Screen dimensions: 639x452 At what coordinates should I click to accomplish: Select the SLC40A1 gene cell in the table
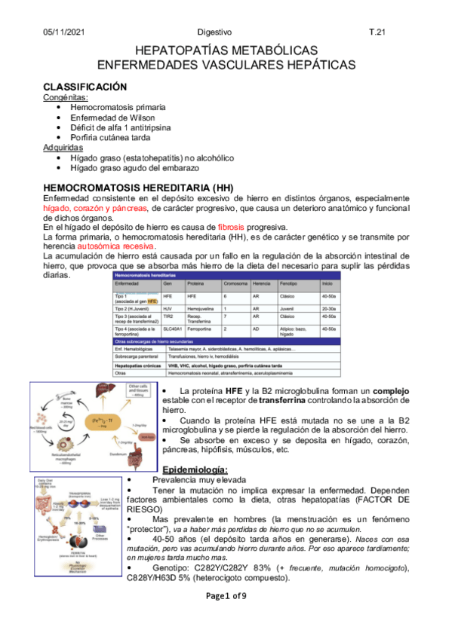pyautogui.click(x=171, y=329)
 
